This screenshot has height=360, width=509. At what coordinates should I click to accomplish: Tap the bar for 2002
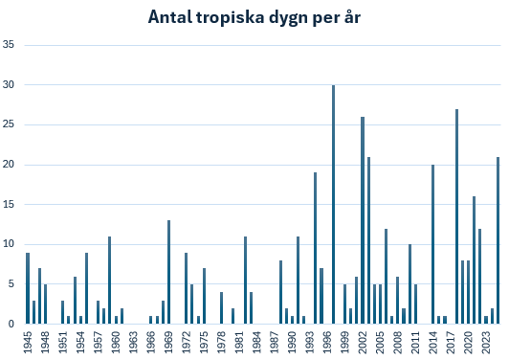pyautogui.click(x=363, y=220)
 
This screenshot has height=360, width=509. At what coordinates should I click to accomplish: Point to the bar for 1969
pyautogui.click(x=168, y=272)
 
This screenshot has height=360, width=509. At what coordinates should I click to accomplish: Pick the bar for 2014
pyautogui.click(x=433, y=244)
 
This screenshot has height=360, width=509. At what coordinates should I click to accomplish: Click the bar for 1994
pyautogui.click(x=315, y=248)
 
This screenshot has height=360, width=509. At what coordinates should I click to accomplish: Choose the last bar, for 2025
pyautogui.click(x=498, y=240)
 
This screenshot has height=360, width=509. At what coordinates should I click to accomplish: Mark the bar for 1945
pyautogui.click(x=28, y=288)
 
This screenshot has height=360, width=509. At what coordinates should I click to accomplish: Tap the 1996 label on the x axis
pyautogui.click(x=327, y=342)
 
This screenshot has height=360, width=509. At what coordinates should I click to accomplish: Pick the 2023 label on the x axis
pyautogui.click(x=487, y=342)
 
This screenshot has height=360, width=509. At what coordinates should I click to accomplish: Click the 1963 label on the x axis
pyautogui.click(x=134, y=342)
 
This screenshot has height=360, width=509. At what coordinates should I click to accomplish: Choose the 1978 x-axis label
pyautogui.click(x=222, y=342)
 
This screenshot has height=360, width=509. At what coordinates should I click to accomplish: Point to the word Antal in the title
pyautogui.click(x=169, y=17)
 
